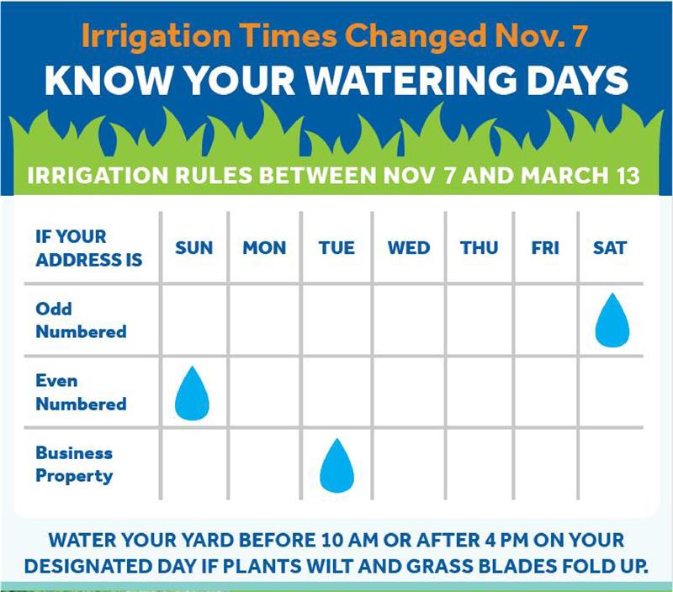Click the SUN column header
point(193,248)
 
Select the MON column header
point(264,248)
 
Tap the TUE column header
point(336,248)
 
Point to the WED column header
point(409,248)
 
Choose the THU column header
point(479,248)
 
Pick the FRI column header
point(545,248)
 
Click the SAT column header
point(610,248)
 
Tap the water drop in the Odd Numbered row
point(612,320)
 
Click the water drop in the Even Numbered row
point(192,393)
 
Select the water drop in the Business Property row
point(337,466)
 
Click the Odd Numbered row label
point(81,320)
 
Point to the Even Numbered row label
point(81,392)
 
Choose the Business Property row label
point(74,465)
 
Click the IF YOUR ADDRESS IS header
point(89,248)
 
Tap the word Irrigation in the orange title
point(156,36)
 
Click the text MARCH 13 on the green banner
point(580,176)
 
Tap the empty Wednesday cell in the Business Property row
point(409,464)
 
